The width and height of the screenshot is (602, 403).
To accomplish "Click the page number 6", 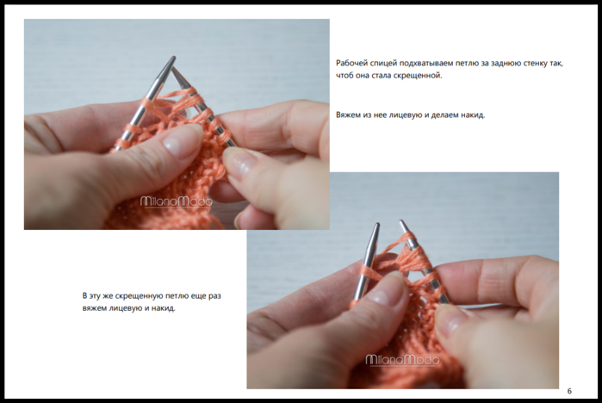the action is pyautogui.click(x=569, y=391).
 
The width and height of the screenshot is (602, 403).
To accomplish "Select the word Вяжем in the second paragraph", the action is pyautogui.click(x=347, y=115).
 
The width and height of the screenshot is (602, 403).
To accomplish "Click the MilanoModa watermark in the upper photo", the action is pyautogui.click(x=177, y=201).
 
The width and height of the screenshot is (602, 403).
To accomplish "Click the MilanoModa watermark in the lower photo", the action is pyautogui.click(x=402, y=360).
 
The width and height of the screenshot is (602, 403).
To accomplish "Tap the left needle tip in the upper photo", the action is pyautogui.click(x=174, y=58).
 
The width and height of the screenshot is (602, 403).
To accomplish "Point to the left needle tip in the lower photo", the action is pyautogui.click(x=378, y=224).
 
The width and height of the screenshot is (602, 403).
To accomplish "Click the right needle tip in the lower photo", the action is pyautogui.click(x=401, y=221).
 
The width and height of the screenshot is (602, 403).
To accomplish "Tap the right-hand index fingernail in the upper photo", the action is pyautogui.click(x=239, y=164).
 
